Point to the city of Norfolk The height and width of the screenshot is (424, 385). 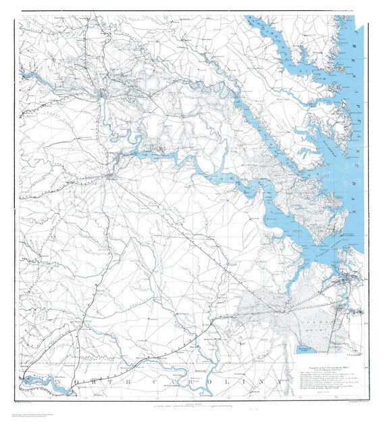point(344,277)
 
